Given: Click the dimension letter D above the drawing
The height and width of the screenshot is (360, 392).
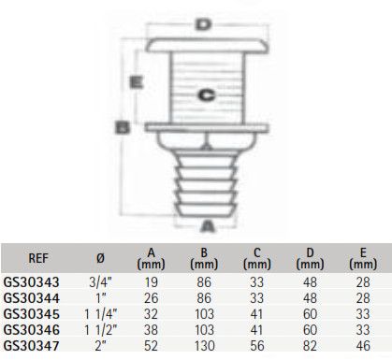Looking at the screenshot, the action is [203, 25].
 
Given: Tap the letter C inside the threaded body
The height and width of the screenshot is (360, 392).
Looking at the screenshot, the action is [207, 95].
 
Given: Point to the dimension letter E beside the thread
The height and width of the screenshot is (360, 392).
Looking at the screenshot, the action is [137, 82].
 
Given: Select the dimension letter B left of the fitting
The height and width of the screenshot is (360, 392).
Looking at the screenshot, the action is [122, 127].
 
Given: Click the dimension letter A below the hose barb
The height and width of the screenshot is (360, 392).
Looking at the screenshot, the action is [207, 226].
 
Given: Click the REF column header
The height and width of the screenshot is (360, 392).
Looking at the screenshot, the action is [38, 258].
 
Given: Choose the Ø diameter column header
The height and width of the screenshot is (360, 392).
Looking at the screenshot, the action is [100, 258].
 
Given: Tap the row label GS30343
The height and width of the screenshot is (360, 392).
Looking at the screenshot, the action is [31, 282].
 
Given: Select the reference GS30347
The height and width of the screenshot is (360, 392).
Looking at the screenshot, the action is [31, 346].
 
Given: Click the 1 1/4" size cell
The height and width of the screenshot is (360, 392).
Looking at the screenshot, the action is [100, 314].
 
